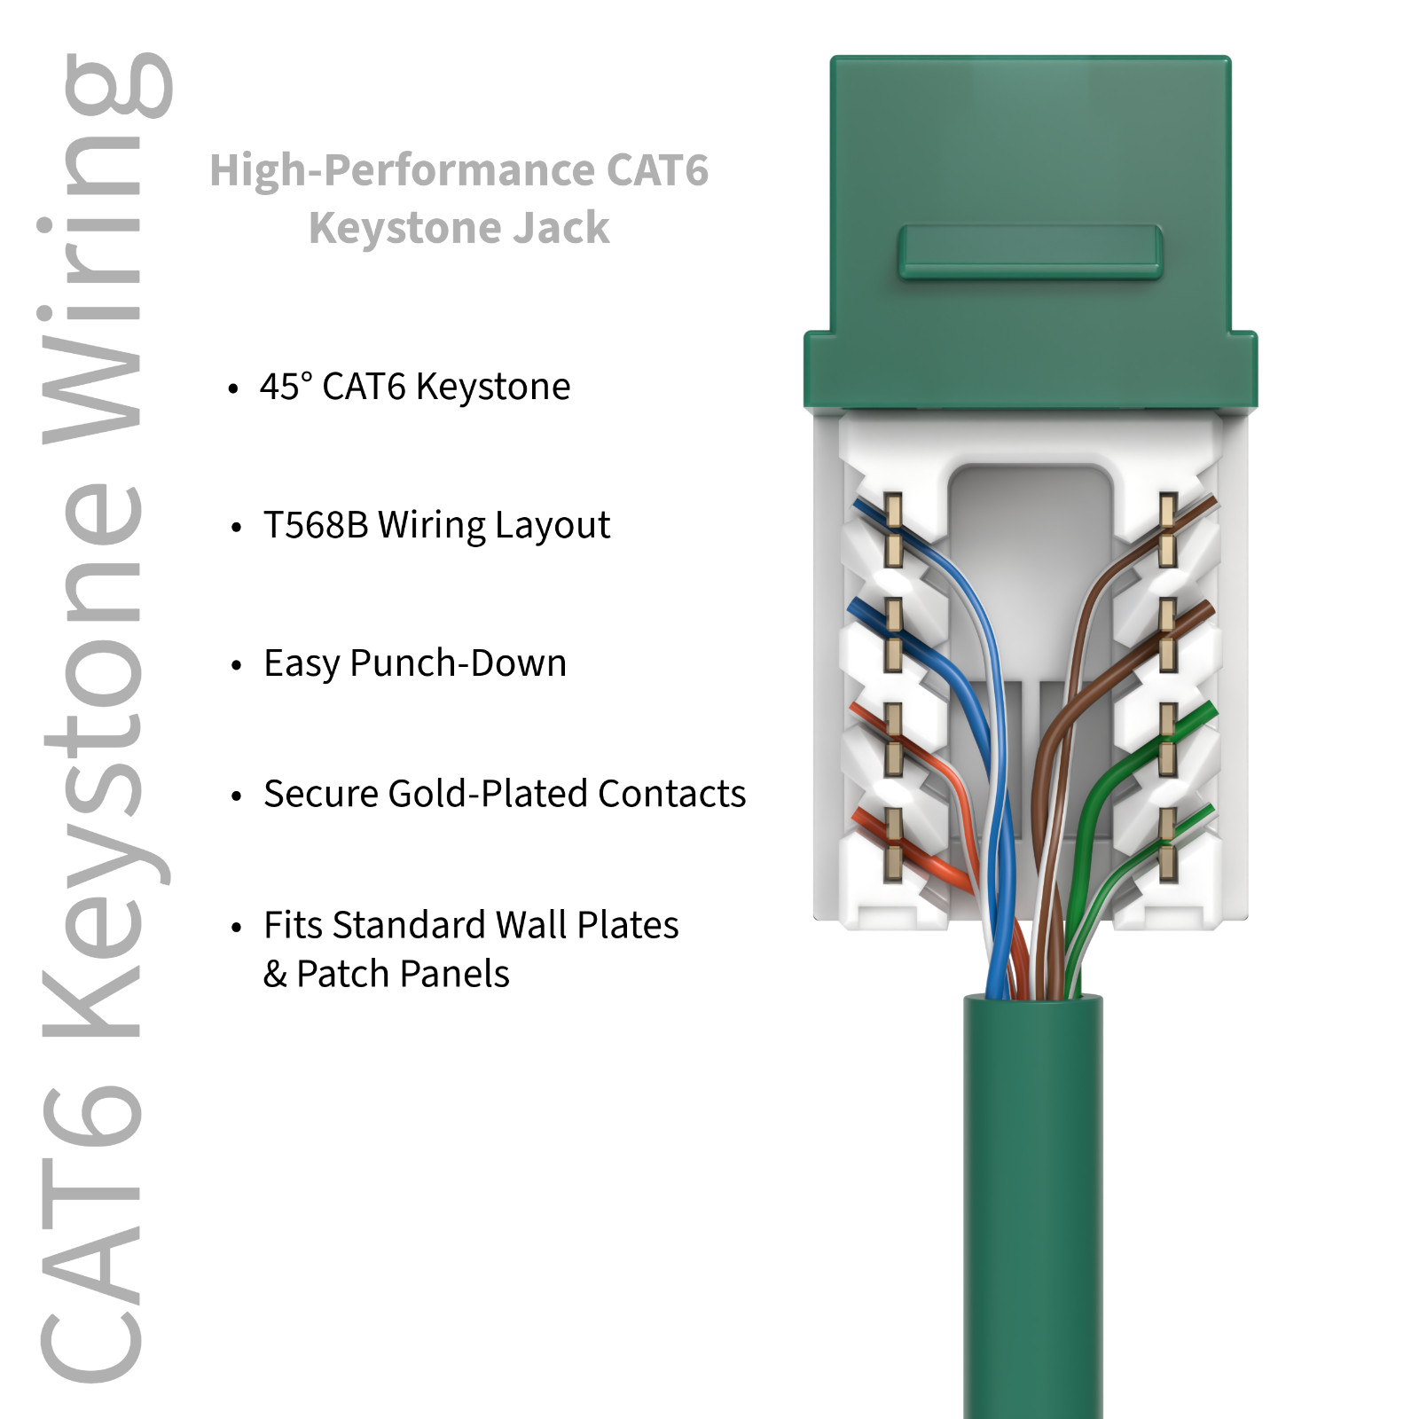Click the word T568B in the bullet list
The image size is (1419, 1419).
pyautogui.click(x=315, y=525)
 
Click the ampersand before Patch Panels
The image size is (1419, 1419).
pyautogui.click(x=275, y=975)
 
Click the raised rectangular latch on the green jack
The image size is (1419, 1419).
pyautogui.click(x=1030, y=252)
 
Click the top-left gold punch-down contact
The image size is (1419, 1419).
pyautogui.click(x=894, y=530)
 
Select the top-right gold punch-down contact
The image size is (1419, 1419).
pyautogui.click(x=1168, y=530)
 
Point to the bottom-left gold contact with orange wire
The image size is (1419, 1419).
pyautogui.click(x=894, y=844)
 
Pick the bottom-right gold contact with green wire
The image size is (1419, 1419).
pyautogui.click(x=1168, y=844)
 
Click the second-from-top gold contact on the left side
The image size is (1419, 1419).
pyautogui.click(x=894, y=635)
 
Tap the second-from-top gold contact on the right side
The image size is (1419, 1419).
pyautogui.click(x=1168, y=635)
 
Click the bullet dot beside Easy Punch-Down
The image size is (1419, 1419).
pyautogui.click(x=236, y=666)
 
